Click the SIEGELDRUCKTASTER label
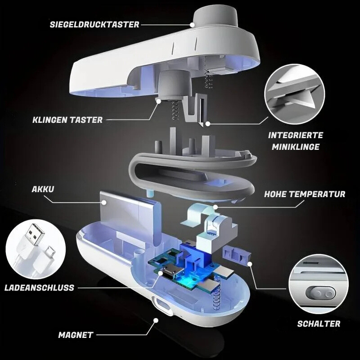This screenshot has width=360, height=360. tap(94, 24)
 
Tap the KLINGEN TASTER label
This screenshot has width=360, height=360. tap(67, 120)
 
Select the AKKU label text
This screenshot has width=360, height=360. tap(43, 189)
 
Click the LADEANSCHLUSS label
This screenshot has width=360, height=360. tap(39, 288)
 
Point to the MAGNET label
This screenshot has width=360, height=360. tap(76, 335)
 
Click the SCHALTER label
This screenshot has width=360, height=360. tap(319, 324)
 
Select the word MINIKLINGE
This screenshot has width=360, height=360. tap(296, 147)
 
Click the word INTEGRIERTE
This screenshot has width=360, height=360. tap(296, 135)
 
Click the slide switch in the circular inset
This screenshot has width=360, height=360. tap(322, 294)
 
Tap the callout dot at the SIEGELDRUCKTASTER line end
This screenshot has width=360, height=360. tap(193, 25)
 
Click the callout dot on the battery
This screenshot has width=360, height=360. tap(104, 202)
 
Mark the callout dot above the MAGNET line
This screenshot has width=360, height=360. tap(156, 320)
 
